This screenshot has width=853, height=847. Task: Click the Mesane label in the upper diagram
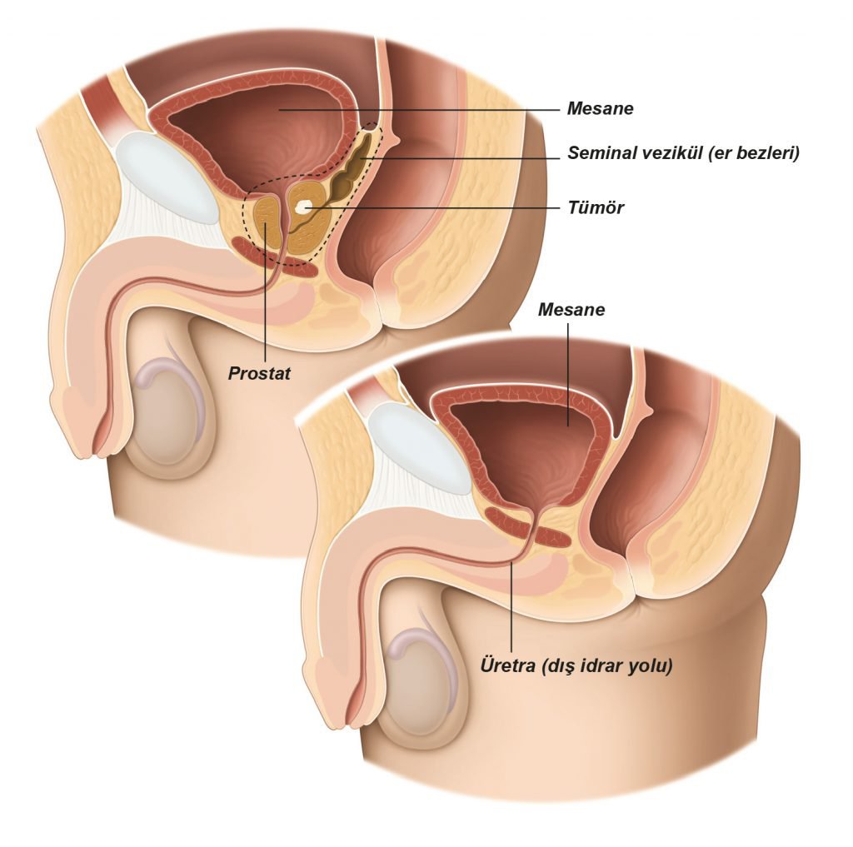click(600, 108)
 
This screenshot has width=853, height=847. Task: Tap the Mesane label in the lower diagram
click(571, 310)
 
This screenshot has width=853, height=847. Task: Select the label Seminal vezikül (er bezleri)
click(683, 153)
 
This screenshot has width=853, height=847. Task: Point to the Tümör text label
click(596, 207)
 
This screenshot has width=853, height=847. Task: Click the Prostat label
click(259, 373)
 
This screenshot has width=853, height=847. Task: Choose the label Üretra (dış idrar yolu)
click(576, 665)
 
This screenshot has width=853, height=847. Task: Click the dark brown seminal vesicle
click(352, 166)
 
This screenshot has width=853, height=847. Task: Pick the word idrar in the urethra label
click(603, 665)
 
